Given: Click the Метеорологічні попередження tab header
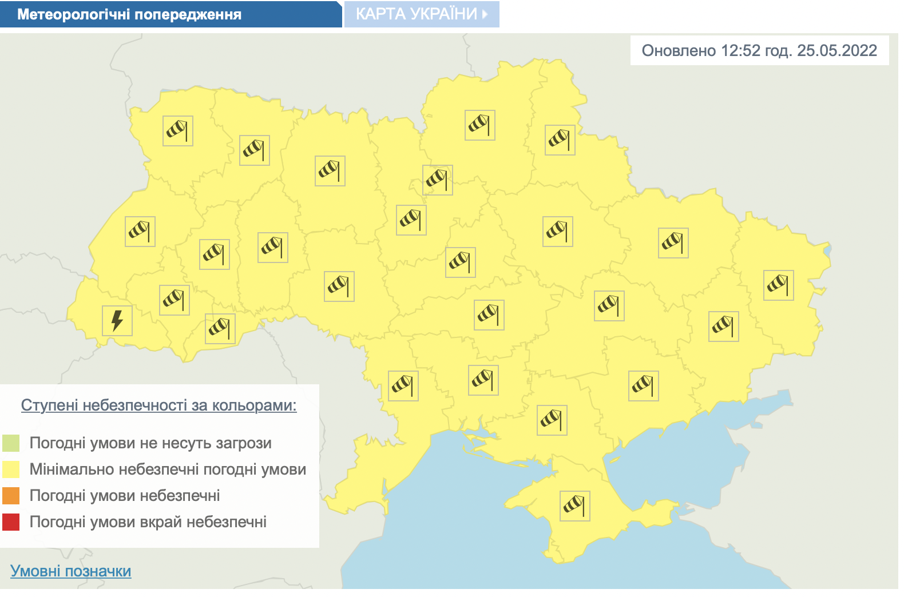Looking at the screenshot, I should [x=129, y=14].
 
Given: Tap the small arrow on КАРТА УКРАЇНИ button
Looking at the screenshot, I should [x=485, y=14].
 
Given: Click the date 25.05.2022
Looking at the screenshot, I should [x=837, y=51].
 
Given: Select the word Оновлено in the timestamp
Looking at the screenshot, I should [x=679, y=51].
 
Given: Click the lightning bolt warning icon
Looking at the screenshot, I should [x=117, y=320].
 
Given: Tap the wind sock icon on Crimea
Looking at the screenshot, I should [x=575, y=506].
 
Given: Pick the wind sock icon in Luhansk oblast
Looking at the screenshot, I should [x=779, y=285].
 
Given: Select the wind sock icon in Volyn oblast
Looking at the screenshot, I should [x=178, y=131].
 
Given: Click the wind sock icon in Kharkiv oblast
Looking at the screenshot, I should [x=673, y=243].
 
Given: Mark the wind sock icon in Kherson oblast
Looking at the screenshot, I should [x=552, y=420].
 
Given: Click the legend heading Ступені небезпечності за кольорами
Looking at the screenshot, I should [x=158, y=405].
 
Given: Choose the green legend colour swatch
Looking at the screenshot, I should [x=11, y=443].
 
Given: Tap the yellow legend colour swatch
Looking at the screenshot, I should [x=11, y=469].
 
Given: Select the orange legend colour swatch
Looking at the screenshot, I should [x=11, y=496].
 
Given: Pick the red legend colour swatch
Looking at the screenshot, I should [x=11, y=522].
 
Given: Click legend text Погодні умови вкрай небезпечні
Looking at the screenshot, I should [x=148, y=522].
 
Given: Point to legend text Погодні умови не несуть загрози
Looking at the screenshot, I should [x=150, y=443].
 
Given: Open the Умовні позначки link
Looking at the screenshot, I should [x=71, y=571].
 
